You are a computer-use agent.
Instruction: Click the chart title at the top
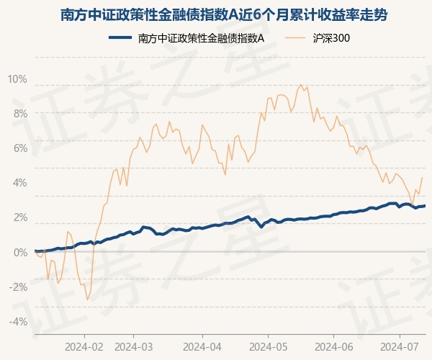216,15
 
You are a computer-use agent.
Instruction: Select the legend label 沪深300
332,38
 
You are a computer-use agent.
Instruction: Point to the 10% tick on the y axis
17,79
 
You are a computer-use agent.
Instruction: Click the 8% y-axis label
19,114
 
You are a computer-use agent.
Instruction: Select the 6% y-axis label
19,148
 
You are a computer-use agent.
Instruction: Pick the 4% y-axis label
19,183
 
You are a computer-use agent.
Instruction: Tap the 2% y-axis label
19,217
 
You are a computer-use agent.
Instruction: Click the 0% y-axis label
19,252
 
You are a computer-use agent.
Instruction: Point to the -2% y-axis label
18,287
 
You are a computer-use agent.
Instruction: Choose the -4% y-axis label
18,321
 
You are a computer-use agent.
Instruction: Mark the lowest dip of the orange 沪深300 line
87,300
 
